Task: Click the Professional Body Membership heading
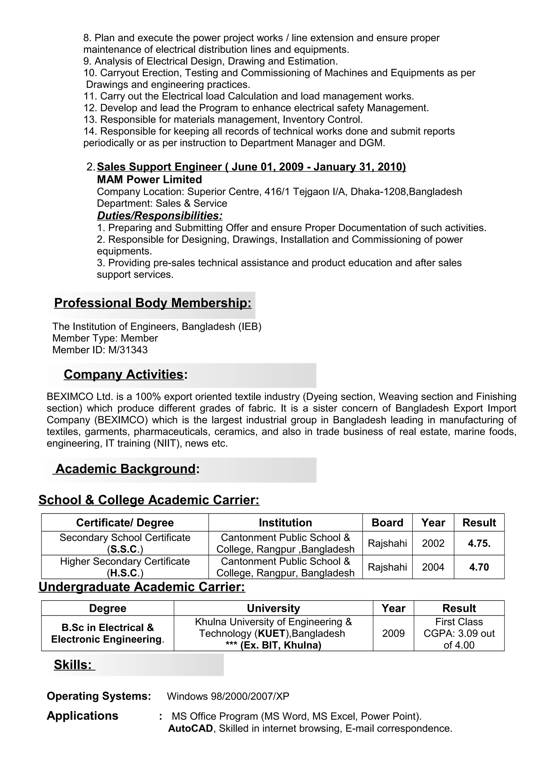[x=153, y=303]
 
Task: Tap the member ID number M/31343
[x=128, y=350]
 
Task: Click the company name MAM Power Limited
[x=149, y=179]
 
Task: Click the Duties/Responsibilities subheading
[x=160, y=216]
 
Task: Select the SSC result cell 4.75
[x=479, y=543]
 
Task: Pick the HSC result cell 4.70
[x=479, y=567]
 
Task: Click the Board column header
[x=387, y=523]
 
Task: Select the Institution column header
[x=285, y=523]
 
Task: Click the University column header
[x=273, y=608]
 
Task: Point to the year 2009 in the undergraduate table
[x=393, y=634]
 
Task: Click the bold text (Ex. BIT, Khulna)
[x=280, y=645]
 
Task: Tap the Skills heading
[x=73, y=665]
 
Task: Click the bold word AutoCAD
[x=190, y=729]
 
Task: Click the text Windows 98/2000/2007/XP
[x=228, y=697]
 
